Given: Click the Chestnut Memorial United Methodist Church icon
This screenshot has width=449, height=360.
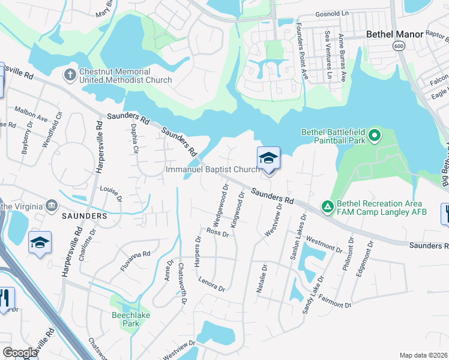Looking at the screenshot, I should coord(70,76).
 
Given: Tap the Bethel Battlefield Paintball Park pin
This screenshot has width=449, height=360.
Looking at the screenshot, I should coord(375,136).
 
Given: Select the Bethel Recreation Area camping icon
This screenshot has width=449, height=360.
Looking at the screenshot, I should coord(327,206).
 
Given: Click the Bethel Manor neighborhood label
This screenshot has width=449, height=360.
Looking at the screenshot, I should coord(396,35).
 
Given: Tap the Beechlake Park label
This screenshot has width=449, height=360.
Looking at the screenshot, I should coord(130,319).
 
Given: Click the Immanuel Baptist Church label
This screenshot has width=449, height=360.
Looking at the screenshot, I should coord(212,170).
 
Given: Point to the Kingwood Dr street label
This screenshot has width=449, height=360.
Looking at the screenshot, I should coord(237,209).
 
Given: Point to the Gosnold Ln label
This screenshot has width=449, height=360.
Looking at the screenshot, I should coord(332,13).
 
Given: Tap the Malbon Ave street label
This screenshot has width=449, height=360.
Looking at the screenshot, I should coord(31,114).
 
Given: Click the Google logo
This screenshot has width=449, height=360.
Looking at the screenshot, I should coord(20,353).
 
